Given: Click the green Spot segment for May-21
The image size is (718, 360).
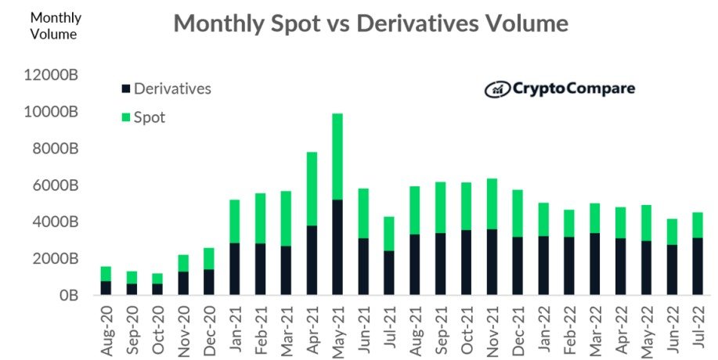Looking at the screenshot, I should [x=337, y=157].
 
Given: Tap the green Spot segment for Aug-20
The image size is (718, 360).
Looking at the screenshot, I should [x=106, y=274].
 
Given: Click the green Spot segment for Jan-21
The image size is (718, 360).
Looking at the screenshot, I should [x=234, y=221].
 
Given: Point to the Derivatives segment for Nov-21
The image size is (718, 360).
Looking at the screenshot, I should [x=492, y=262].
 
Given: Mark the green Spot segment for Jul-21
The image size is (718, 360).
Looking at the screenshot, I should [x=388, y=234].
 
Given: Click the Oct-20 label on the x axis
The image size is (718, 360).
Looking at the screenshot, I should [x=157, y=329].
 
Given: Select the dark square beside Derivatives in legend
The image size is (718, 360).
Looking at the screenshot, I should [x=125, y=89].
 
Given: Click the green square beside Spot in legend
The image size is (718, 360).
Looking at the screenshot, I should [x=125, y=117].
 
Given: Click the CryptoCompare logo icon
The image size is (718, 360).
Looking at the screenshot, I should [x=497, y=89].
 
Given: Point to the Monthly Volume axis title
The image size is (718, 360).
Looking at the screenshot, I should [x=55, y=26].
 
